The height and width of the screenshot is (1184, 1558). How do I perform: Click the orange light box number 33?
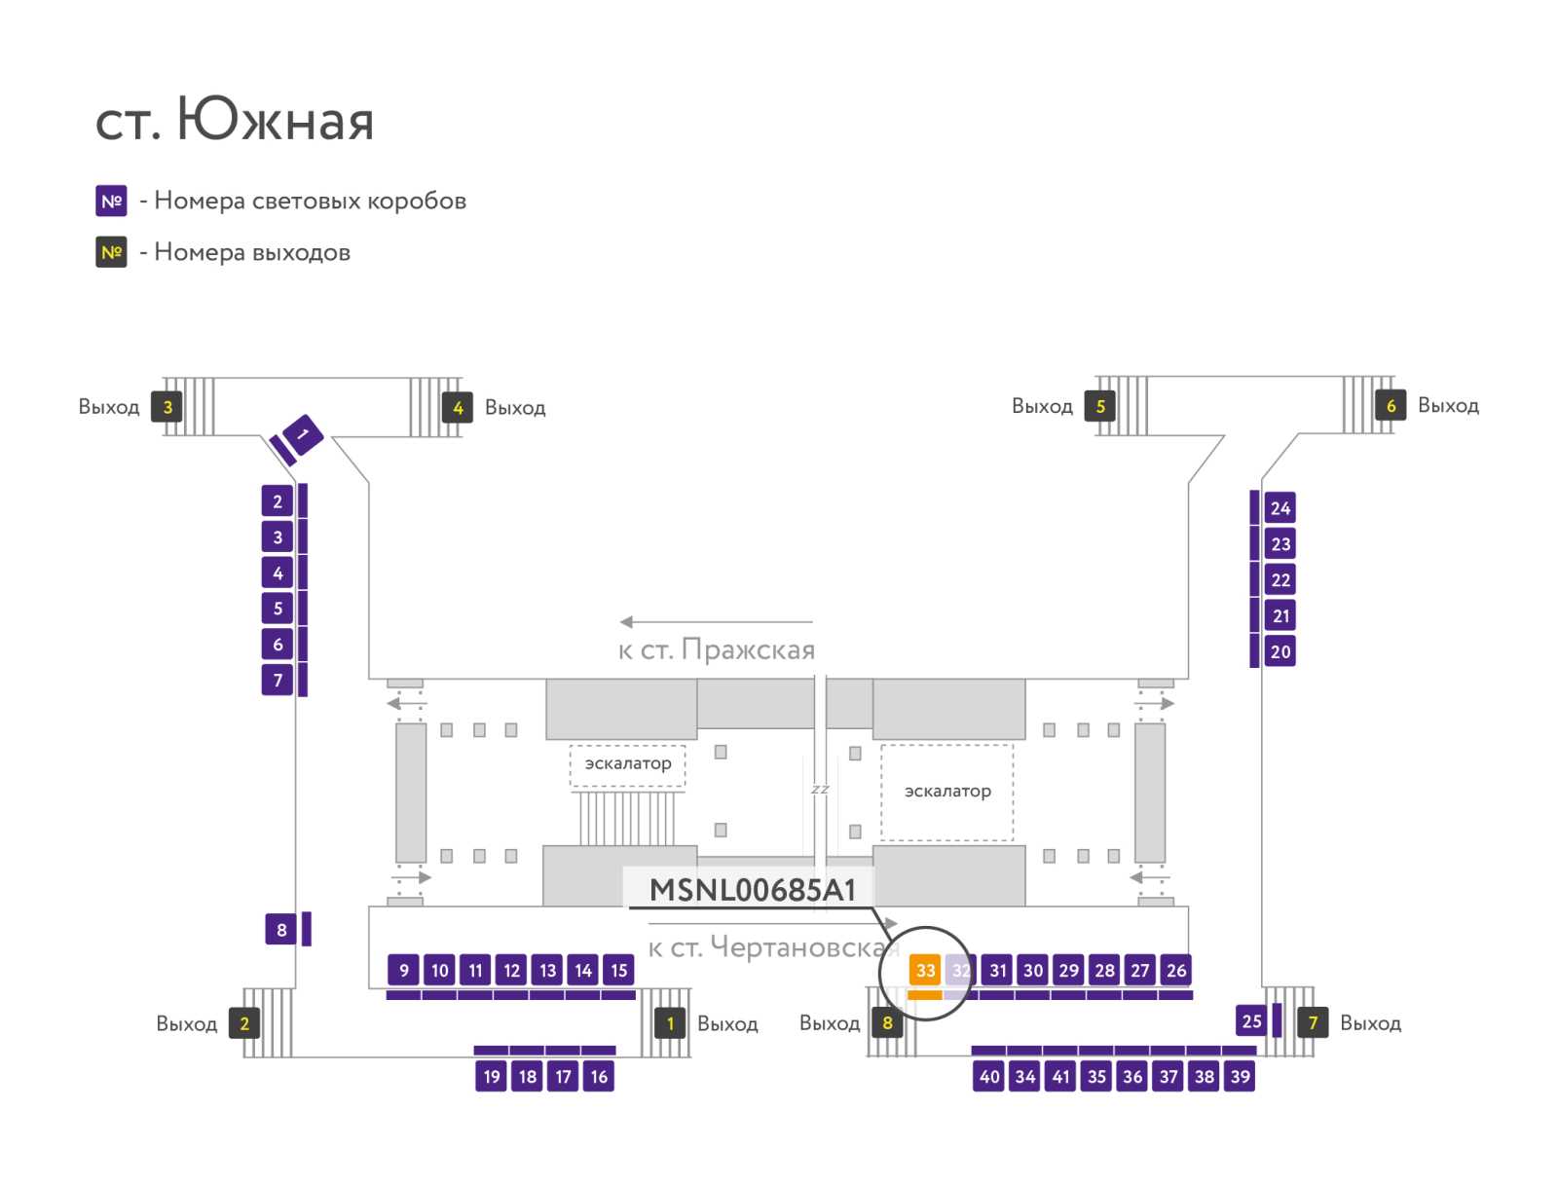pyautogui.click(x=924, y=969)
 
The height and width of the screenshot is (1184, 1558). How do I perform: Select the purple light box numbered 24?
pyautogui.click(x=1280, y=508)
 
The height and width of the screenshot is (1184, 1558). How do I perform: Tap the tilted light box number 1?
pyautogui.click(x=303, y=434)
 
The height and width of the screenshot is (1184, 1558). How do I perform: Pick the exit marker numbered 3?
pyautogui.click(x=167, y=407)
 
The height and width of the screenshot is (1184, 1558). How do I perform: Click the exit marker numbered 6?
pyautogui.click(x=1391, y=406)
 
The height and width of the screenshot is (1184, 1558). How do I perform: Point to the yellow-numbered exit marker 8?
pyautogui.click(x=887, y=1023)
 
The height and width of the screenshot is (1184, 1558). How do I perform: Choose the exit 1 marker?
pyautogui.click(x=670, y=1023)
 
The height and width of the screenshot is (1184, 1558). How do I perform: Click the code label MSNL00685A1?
pyautogui.click(x=753, y=890)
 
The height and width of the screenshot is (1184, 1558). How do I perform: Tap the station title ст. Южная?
pyautogui.click(x=235, y=119)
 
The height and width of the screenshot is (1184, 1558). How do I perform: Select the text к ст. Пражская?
pyautogui.click(x=717, y=649)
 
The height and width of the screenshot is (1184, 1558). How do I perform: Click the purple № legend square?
pyautogui.click(x=111, y=201)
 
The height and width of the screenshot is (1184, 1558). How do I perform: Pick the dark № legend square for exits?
pyautogui.click(x=111, y=252)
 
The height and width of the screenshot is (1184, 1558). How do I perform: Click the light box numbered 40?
pyautogui.click(x=989, y=1076)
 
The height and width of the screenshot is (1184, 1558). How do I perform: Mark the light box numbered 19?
pyautogui.click(x=491, y=1076)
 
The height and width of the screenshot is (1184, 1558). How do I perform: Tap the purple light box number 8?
pyautogui.click(x=281, y=929)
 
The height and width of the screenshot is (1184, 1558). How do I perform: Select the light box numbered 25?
pyautogui.click(x=1251, y=1020)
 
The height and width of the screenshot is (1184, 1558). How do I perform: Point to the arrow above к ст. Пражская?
pyautogui.click(x=716, y=622)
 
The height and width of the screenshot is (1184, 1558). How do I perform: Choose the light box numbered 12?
pyautogui.click(x=512, y=970)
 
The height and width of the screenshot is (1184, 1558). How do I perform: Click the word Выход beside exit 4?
pyautogui.click(x=515, y=408)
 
